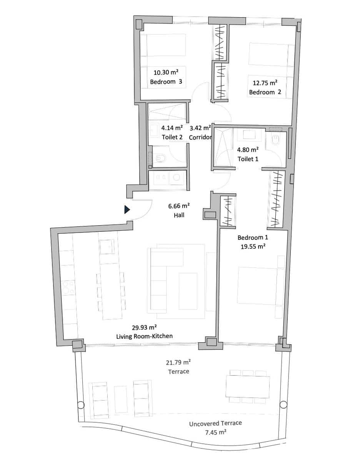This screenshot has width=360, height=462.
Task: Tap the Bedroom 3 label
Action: coord(166,82)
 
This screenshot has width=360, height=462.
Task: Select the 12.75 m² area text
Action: coord(265,82)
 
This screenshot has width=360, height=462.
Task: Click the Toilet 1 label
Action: coord(248,159)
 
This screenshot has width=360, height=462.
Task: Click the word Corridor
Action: coord(200,137)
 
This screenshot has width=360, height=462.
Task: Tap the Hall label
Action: coord(179,215)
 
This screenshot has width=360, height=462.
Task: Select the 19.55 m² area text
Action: coord(253,247)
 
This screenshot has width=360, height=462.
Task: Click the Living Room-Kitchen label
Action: coord(144,336)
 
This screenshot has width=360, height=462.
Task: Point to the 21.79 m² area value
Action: coord(178,362)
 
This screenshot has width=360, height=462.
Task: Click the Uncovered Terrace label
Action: coord(215,423)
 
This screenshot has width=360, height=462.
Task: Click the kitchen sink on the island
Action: coord(106,246)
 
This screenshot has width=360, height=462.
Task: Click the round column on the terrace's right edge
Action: coord(283,405)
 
